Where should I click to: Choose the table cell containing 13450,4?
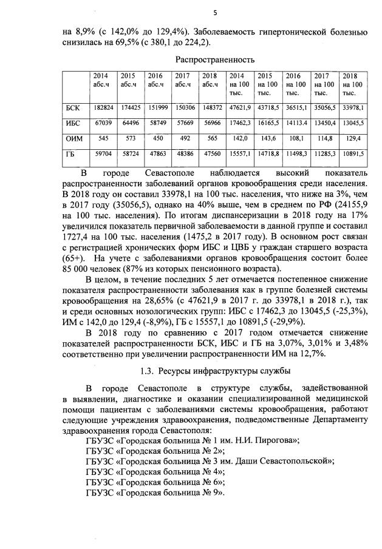pos(325,123)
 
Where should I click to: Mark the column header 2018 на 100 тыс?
pos(352,84)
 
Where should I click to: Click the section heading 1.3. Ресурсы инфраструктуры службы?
pos(214,371)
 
